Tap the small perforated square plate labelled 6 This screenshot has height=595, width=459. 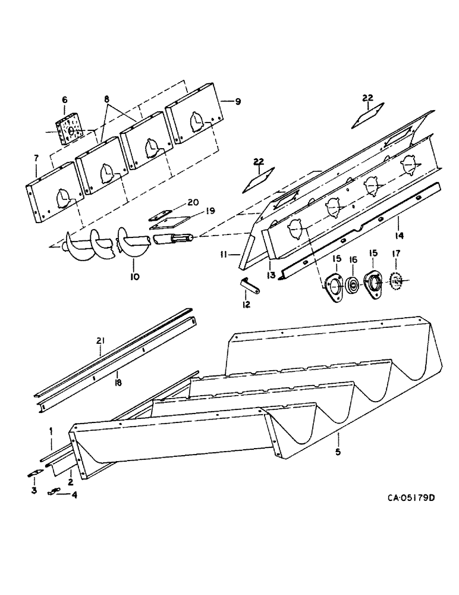point(70,129)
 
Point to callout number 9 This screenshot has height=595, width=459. point(237,102)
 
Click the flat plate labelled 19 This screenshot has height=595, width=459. point(167,223)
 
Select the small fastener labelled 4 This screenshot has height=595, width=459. point(57,491)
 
